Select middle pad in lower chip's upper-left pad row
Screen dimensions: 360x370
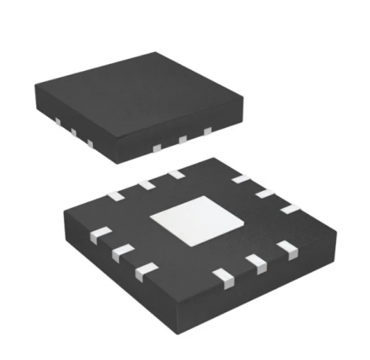(145, 184)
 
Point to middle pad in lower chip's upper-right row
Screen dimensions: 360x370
(264, 193)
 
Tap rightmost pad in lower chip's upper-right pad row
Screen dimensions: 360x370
(290, 208)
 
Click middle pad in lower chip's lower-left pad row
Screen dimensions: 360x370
(121, 252)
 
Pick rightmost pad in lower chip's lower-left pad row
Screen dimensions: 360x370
(144, 272)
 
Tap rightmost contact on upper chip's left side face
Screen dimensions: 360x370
(89, 143)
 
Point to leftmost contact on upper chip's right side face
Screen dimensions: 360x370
(156, 147)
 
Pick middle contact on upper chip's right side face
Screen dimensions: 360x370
(183, 140)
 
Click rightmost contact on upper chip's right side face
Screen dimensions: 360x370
(208, 132)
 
